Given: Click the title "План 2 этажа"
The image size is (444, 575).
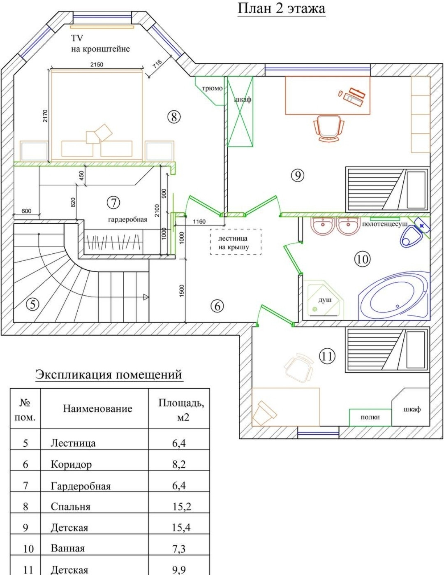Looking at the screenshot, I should click(281, 8).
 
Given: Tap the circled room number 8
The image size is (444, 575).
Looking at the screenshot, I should click(174, 117).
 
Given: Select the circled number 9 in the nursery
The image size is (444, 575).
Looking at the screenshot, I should click(297, 176).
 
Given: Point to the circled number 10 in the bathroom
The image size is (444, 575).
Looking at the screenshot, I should click(362, 259).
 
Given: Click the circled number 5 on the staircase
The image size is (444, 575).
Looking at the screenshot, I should click(32, 304).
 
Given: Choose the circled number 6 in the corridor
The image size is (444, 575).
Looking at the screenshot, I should click(217, 306).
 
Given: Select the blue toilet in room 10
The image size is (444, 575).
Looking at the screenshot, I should click(411, 236).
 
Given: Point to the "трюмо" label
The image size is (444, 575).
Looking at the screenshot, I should click(212, 88).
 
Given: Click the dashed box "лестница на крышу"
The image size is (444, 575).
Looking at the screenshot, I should click(236, 242).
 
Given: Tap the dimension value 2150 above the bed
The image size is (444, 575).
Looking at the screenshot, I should click(97, 64).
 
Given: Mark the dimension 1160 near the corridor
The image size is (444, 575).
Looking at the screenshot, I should click(199, 221).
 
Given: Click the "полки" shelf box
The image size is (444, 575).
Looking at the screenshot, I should click(370, 417).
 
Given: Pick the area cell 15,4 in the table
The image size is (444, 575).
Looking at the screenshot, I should click(181, 527).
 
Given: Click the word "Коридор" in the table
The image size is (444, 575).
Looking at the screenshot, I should click(71, 464).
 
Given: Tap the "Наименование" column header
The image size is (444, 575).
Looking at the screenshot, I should click(97, 408).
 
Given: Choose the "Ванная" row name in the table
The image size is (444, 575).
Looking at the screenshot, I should click(67, 548).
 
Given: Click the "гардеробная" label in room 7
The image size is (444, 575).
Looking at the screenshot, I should click(127, 219).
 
